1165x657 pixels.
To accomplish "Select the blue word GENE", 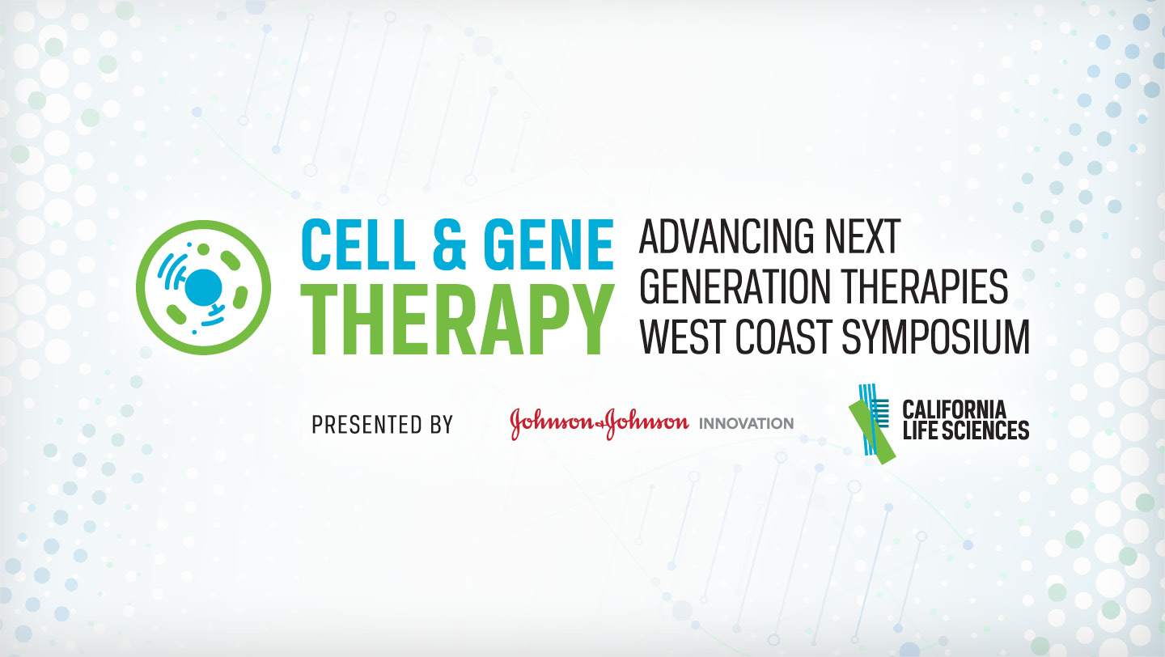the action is [549, 244].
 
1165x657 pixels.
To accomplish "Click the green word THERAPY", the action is [457, 319].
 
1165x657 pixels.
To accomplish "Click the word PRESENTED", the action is [367, 425].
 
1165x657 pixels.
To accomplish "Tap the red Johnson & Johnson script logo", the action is [599, 423].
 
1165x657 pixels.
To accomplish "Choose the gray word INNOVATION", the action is [746, 423].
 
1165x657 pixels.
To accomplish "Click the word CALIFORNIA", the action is [955, 410].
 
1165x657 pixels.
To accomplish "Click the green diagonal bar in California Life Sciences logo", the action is [872, 432].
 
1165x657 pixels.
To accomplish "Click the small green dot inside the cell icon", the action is [203, 249].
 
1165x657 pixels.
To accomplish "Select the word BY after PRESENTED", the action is [442, 425].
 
